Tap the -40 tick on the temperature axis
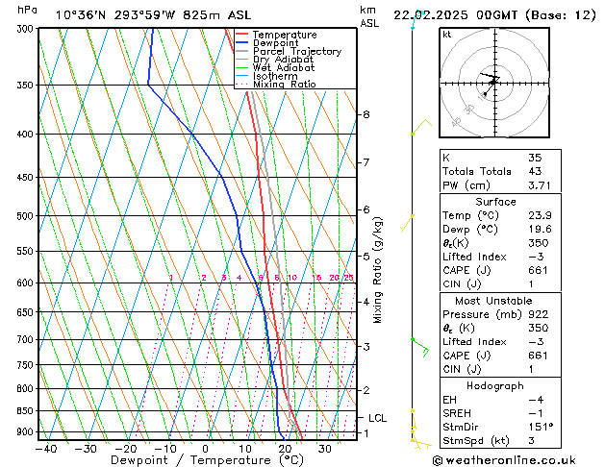coord(44,448)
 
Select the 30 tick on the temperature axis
coord(325,448)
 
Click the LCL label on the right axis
coord(377,418)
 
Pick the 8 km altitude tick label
coord(366,114)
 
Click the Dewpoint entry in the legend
coord(274,43)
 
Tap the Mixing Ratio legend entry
coord(284,85)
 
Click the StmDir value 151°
coord(541,427)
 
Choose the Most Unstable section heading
coord(496,300)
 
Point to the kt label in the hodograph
coord(447,34)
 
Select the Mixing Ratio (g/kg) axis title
coord(377,269)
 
